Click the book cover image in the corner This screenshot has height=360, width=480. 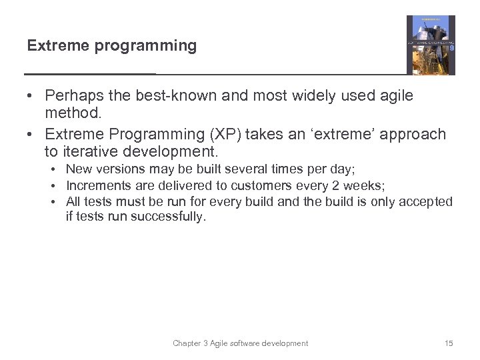click(431, 45)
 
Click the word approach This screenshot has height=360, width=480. click(413, 134)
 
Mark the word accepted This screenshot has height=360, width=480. click(427, 201)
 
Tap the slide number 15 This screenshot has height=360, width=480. click(448, 343)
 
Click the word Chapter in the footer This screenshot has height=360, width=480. click(187, 343)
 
